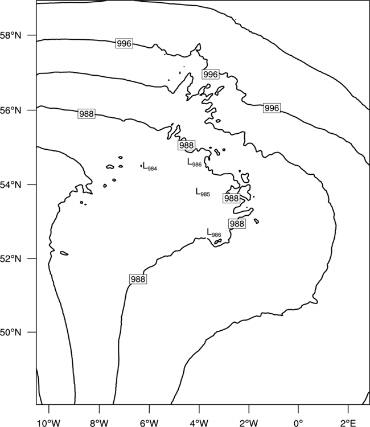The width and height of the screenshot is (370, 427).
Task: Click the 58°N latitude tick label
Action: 11,35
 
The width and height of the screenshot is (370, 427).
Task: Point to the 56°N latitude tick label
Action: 11,110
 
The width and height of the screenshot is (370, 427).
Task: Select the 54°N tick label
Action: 11,184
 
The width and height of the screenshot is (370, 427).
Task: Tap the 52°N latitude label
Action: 11,258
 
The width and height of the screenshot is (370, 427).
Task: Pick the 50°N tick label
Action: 11,332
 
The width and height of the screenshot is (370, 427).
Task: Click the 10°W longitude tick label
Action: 49,423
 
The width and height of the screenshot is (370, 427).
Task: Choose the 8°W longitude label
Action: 99,423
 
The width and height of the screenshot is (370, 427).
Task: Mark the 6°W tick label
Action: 149,423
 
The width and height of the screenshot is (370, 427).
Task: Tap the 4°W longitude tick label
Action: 199,423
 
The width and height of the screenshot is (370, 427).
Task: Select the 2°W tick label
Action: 249,423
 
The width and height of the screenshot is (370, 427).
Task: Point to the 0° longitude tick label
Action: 298,423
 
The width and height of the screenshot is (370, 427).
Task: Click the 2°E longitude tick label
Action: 348,423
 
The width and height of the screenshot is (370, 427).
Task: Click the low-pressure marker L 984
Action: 150,166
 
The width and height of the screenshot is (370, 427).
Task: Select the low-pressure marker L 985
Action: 203,192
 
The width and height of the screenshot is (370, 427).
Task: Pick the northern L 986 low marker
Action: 195,163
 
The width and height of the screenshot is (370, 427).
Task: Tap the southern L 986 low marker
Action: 214,233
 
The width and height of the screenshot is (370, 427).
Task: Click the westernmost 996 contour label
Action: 124,43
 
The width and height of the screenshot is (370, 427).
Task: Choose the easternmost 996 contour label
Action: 272,108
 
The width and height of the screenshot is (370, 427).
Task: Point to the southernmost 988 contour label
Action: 138,279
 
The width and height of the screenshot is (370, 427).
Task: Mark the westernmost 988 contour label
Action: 87,113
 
